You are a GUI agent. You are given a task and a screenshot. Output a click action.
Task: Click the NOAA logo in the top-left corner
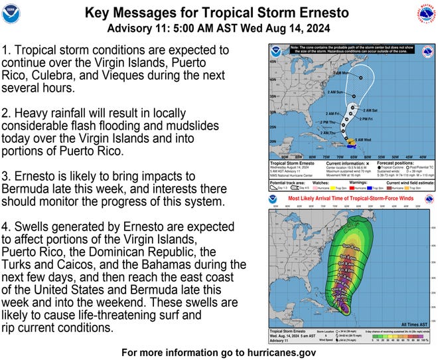pos(11,13)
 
